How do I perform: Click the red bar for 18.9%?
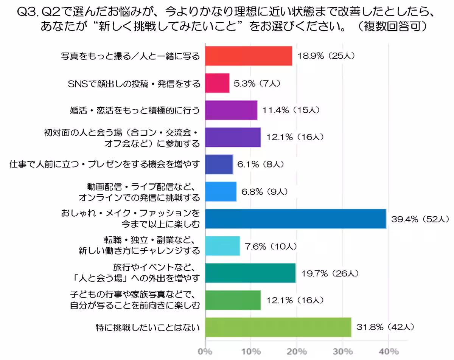pyautogui.click(x=249, y=56)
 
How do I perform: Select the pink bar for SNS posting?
pyautogui.click(x=218, y=83)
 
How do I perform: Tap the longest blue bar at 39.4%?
pyautogui.click(x=295, y=219)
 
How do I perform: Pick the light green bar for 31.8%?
pyautogui.click(x=278, y=327)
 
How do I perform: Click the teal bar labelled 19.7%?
pyautogui.click(x=250, y=273)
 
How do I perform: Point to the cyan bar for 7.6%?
pyautogui.click(x=222, y=246)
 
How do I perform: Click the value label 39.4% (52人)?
pyautogui.click(x=420, y=219)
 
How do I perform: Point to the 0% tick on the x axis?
pyautogui.click(x=205, y=352)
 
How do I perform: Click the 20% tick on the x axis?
pyautogui.click(x=297, y=352)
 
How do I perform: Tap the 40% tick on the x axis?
pyautogui.click(x=389, y=352)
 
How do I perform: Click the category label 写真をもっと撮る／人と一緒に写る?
pyautogui.click(x=130, y=56)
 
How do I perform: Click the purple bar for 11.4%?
pyautogui.click(x=231, y=110)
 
